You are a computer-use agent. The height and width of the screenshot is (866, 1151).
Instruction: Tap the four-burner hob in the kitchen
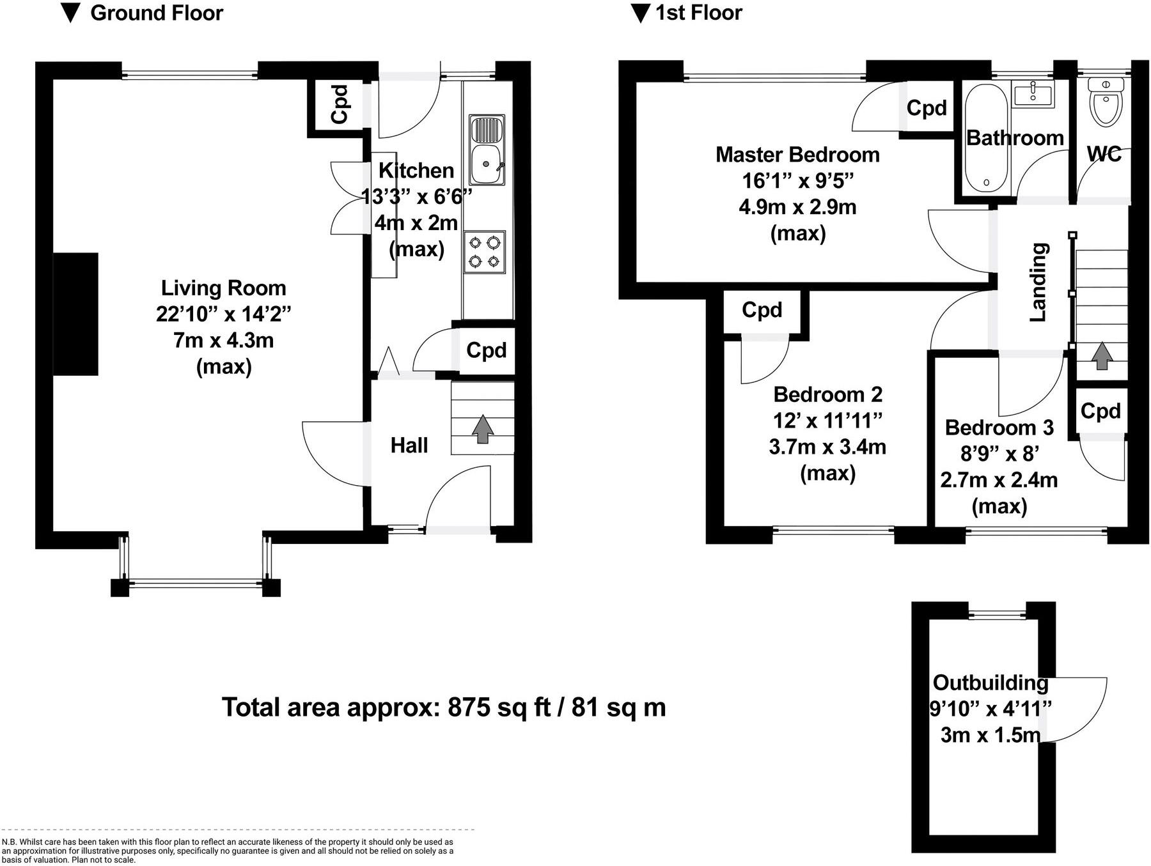[x=484, y=252]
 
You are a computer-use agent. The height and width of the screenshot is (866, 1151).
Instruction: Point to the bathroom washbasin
[x=1033, y=94]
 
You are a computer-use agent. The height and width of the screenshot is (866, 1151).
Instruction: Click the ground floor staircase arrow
[x=483, y=429]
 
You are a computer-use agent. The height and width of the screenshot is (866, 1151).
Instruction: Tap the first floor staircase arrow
[x=1100, y=356]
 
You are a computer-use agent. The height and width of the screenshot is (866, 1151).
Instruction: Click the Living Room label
[x=223, y=288]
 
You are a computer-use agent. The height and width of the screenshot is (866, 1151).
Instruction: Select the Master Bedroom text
[x=797, y=155]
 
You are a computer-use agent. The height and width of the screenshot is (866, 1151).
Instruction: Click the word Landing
[x=1038, y=282]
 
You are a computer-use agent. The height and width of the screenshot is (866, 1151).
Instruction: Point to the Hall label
[x=409, y=445]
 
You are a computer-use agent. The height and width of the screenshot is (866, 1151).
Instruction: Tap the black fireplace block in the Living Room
[x=75, y=314]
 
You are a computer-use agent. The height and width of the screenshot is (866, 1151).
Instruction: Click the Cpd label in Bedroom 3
[x=1100, y=411]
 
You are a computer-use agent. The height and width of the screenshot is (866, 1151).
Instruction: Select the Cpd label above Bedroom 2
[x=762, y=310]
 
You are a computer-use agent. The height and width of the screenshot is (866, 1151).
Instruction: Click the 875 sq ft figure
[x=499, y=707]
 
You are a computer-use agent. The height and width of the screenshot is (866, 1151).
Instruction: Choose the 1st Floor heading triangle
[x=640, y=13]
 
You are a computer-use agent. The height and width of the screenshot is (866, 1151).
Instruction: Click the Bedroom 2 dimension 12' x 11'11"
[x=827, y=421]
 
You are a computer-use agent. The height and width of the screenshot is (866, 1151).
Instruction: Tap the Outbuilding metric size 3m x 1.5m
[x=990, y=735]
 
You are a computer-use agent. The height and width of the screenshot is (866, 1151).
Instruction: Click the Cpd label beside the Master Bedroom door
[x=926, y=108]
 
